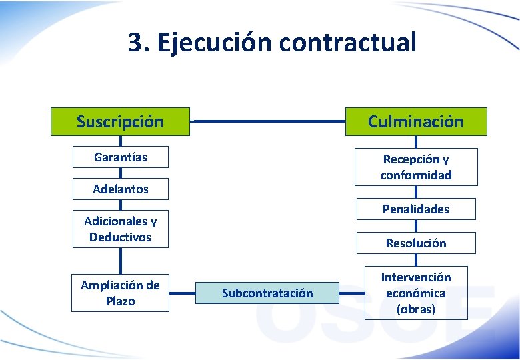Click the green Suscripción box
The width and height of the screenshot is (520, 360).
click(120, 121)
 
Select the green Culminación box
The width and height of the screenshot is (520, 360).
click(416, 121)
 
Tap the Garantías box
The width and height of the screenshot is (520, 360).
click(120, 157)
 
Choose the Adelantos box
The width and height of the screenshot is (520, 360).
click(120, 189)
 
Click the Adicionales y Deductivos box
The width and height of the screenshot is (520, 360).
click(120, 229)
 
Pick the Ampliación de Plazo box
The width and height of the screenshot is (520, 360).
click(120, 293)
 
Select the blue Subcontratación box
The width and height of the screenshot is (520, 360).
click(267, 293)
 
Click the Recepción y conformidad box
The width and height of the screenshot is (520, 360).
click(416, 167)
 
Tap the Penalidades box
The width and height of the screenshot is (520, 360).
click(416, 209)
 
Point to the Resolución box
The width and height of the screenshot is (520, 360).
click(416, 243)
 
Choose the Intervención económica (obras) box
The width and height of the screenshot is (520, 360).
click(416, 293)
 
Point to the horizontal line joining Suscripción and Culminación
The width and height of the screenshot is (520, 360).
click(267, 122)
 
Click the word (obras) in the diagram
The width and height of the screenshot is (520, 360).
click(416, 309)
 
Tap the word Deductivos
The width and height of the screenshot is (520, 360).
click(120, 237)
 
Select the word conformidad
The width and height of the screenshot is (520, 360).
click(416, 175)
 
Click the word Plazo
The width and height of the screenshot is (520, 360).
click(120, 301)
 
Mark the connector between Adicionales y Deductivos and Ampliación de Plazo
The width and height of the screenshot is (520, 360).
click(121, 261)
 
